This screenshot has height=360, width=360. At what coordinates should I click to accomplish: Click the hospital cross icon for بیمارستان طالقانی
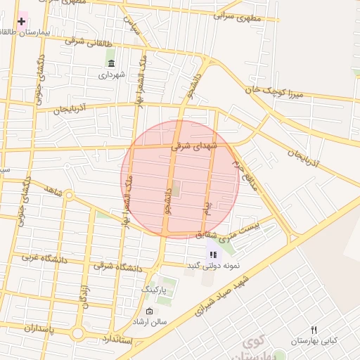click(21, 22)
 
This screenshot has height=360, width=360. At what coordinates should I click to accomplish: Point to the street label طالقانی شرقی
click(84, 40)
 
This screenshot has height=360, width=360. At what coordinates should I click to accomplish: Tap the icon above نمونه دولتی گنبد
click(213, 255)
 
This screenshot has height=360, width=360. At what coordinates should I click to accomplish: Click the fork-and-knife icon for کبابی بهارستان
click(314, 330)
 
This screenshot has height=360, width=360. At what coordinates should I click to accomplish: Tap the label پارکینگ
click(155, 289)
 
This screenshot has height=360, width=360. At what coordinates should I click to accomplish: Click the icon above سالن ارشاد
click(149, 311)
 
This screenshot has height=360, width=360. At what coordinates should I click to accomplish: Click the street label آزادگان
click(87, 295)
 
